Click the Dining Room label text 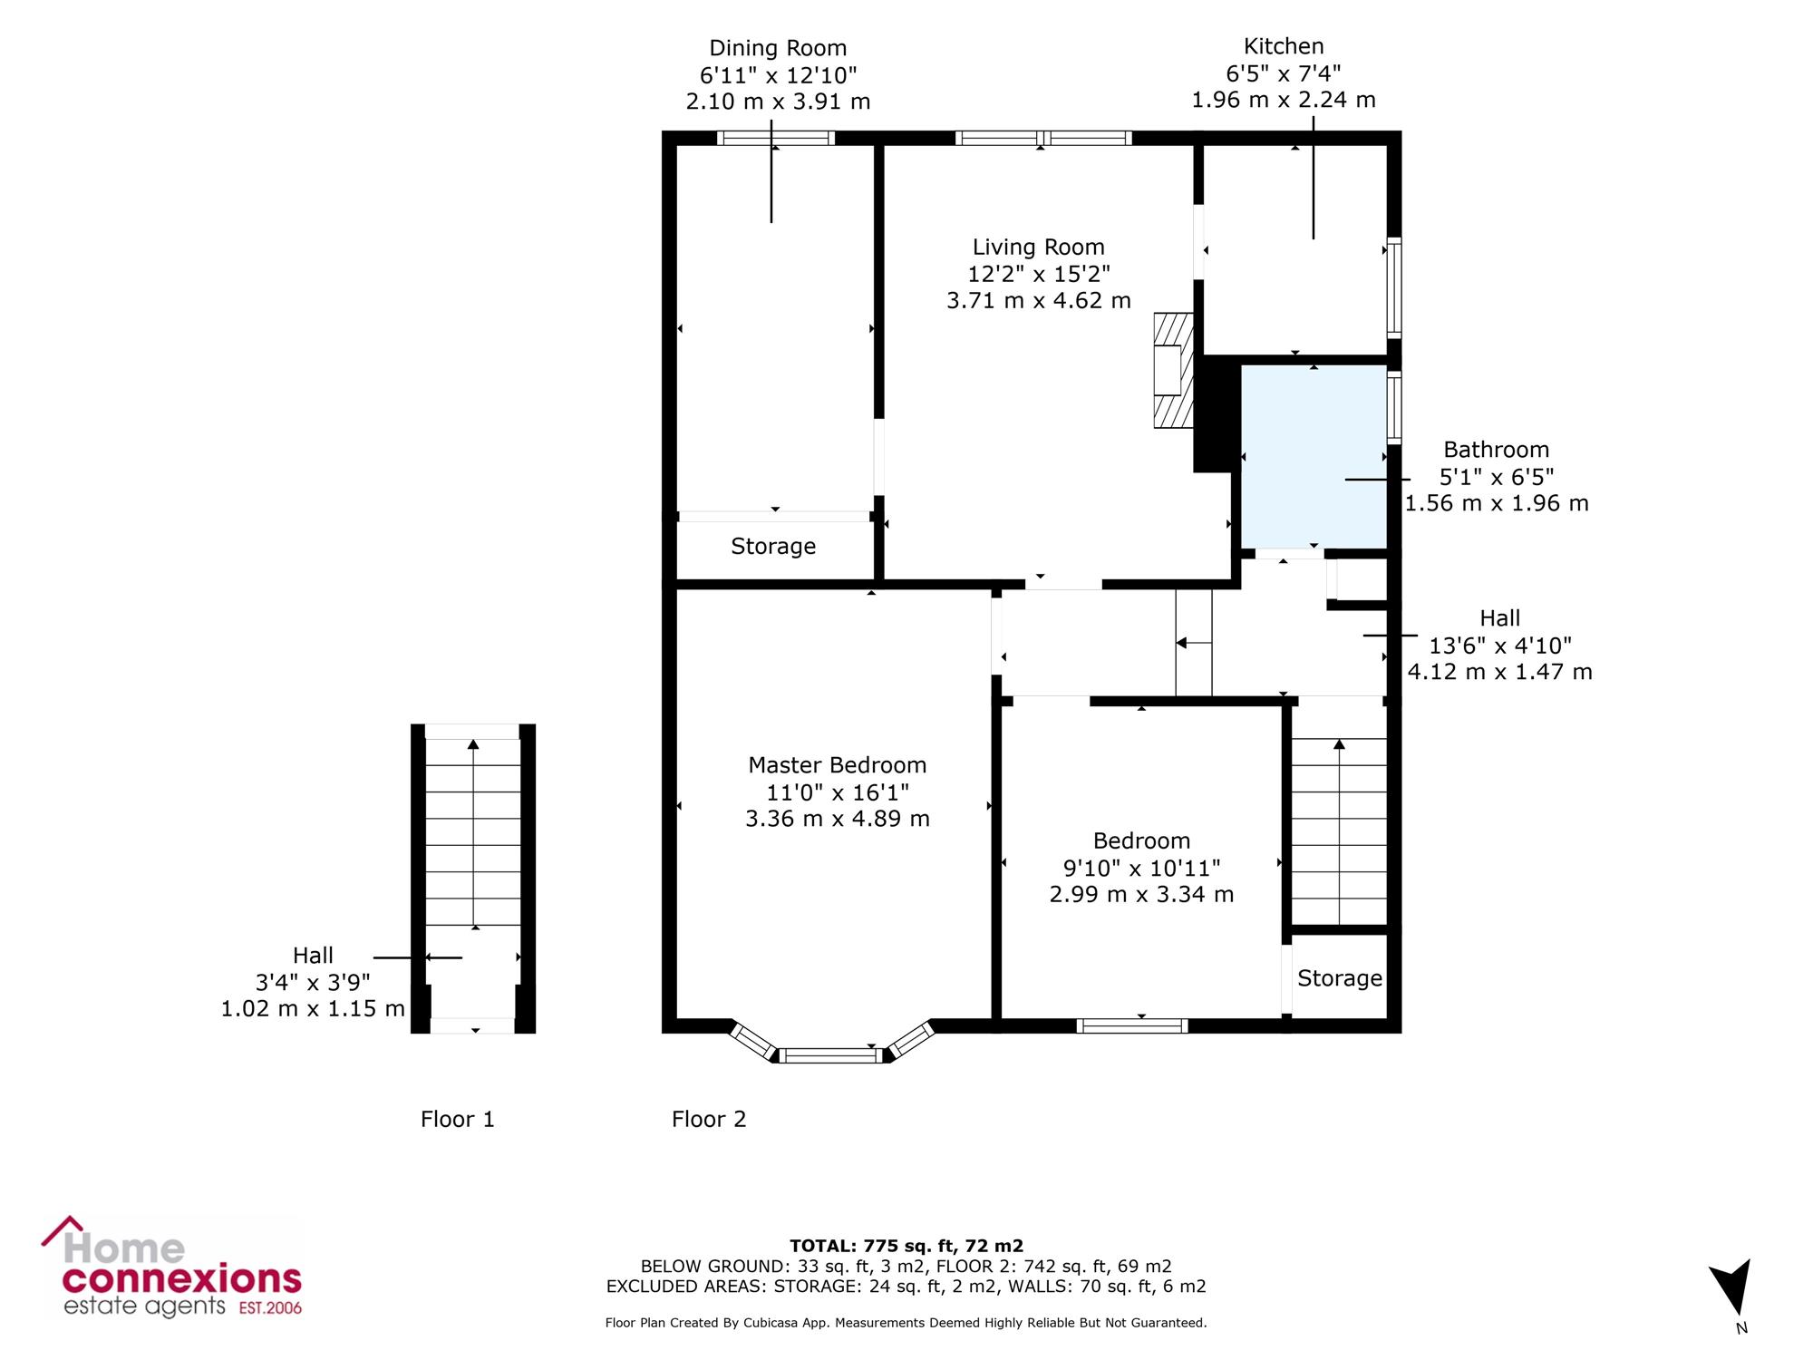[x=778, y=48]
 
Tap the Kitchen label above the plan [x=1284, y=46]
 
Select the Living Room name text [x=1039, y=247]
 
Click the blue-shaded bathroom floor [x=1314, y=457]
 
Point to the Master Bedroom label [x=838, y=765]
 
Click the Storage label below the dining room [x=773, y=546]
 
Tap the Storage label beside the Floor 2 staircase [x=1340, y=978]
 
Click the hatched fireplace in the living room [x=1173, y=370]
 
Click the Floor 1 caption [x=458, y=1120]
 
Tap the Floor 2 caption [x=709, y=1120]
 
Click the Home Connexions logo [x=172, y=1268]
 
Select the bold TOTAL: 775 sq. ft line [x=906, y=1246]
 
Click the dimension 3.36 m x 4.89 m [x=838, y=819]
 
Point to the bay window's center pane [x=832, y=1055]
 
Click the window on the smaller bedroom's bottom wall [x=1132, y=1025]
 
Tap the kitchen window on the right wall [x=1394, y=288]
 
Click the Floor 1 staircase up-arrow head [x=473, y=744]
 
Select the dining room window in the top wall [x=776, y=138]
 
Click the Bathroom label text [x=1497, y=450]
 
